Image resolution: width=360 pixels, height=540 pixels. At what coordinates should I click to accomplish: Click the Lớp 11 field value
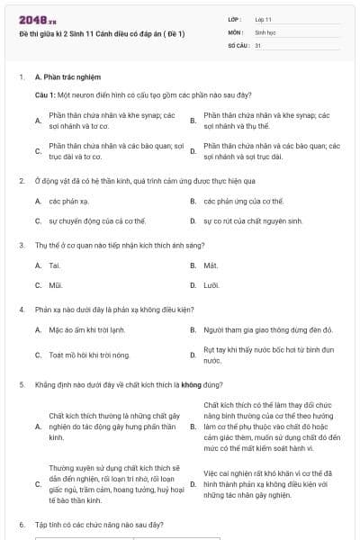(x=264, y=19)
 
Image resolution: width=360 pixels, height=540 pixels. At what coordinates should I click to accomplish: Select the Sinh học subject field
(x=264, y=31)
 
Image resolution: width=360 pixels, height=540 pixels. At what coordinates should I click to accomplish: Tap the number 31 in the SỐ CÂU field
(x=258, y=44)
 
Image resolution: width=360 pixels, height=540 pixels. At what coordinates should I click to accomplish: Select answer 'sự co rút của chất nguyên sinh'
(x=243, y=220)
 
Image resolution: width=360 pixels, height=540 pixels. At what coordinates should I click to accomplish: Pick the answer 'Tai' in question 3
(x=55, y=265)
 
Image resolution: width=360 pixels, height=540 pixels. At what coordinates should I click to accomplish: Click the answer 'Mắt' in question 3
(x=211, y=265)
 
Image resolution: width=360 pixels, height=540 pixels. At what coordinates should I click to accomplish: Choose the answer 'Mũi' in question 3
(x=55, y=285)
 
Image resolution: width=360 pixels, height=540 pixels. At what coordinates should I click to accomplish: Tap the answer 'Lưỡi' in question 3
(x=211, y=285)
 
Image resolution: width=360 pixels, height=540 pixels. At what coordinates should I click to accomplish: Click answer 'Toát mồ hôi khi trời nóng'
(x=89, y=355)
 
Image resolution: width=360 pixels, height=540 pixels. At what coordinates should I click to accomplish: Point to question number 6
(x=21, y=524)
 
